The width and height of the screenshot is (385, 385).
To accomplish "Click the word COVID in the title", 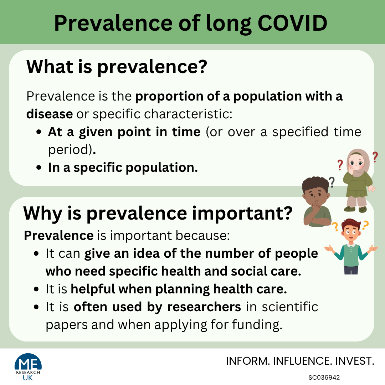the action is click(x=292, y=23).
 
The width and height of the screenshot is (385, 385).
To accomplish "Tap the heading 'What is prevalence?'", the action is click(x=117, y=67).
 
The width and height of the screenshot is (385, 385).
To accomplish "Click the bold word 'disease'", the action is click(x=50, y=114).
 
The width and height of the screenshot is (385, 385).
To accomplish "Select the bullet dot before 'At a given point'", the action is click(x=38, y=132).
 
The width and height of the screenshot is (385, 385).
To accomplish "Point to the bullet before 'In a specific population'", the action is click(x=38, y=168).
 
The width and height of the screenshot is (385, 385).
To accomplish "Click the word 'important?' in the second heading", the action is click(x=242, y=214).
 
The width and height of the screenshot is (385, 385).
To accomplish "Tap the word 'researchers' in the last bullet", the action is click(x=204, y=307).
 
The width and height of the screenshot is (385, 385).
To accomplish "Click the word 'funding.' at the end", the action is click(x=257, y=325).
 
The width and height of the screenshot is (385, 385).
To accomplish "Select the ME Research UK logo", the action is click(x=28, y=367).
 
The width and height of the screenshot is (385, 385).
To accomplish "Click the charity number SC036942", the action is click(x=324, y=378).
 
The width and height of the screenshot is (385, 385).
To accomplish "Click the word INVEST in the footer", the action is click(x=355, y=361).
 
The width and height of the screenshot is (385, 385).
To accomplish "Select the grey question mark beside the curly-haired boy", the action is click(x=332, y=183).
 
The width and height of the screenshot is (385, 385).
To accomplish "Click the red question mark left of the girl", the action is click(x=340, y=165).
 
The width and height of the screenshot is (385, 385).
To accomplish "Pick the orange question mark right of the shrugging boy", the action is click(x=365, y=225).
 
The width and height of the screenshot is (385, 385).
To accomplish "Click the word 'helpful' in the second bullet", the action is click(x=93, y=289).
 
